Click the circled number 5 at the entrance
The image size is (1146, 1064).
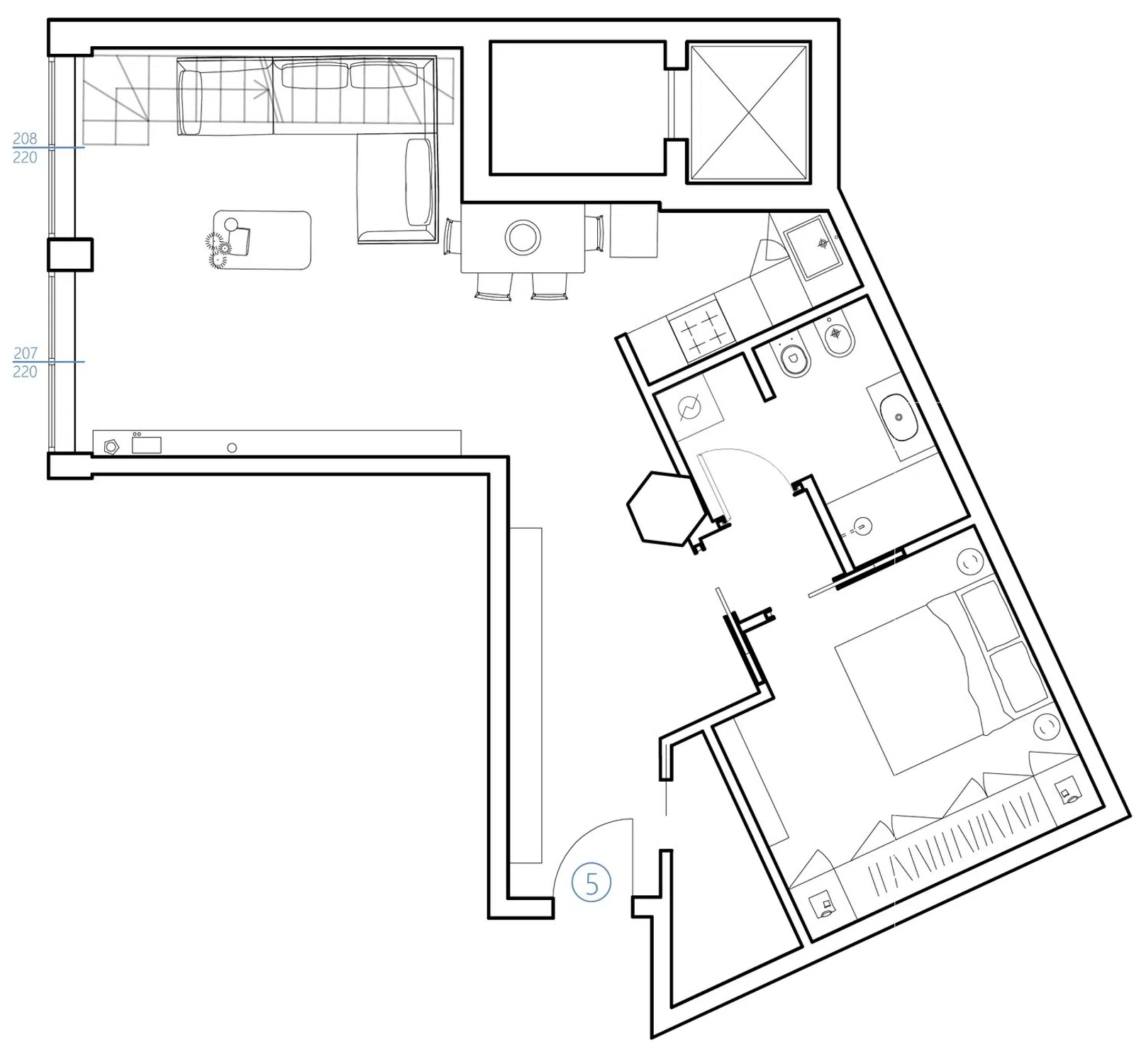tap(591, 883)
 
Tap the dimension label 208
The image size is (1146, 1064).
tap(25, 138)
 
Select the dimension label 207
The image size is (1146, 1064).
tap(25, 353)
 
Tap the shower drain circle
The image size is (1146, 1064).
tap(862, 526)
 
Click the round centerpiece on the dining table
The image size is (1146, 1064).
tap(523, 237)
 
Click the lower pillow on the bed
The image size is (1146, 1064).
tap(1018, 677)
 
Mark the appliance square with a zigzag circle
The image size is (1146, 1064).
tap(689, 408)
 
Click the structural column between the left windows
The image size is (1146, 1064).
tap(70, 254)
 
